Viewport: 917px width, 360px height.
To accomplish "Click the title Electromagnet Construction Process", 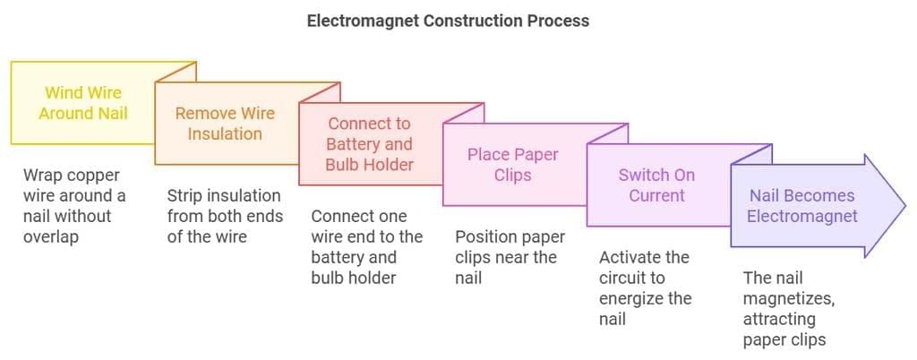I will [x=448, y=20].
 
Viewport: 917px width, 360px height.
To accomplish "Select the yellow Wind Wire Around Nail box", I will [x=83, y=103].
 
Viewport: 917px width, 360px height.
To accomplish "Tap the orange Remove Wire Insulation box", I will [x=225, y=124].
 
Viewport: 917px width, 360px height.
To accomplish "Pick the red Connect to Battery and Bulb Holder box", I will [x=370, y=144].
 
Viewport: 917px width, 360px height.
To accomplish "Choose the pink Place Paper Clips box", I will [x=512, y=165].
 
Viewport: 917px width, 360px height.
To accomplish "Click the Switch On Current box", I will [x=656, y=185].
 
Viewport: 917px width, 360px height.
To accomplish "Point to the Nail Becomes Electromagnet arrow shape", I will [x=801, y=206].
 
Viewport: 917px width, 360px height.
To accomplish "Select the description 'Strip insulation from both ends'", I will [x=225, y=216].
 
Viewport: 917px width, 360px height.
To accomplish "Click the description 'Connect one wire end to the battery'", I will [x=366, y=246].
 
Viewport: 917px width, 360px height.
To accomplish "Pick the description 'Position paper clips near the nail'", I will [x=510, y=257].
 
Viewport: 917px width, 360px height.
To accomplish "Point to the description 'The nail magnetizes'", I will [x=788, y=309].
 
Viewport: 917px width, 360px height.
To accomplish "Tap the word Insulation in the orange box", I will [x=225, y=134].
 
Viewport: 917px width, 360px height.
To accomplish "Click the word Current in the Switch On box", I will [x=656, y=195].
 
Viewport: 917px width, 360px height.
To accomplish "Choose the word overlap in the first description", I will [x=52, y=236].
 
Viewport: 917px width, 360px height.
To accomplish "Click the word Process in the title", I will [x=559, y=20].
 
